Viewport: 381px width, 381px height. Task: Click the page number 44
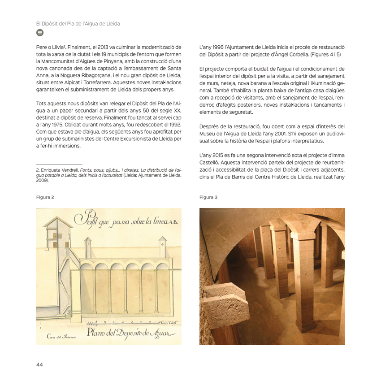click(39, 364)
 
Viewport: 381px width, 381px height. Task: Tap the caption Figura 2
click(45, 197)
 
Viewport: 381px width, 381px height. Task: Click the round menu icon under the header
click(39, 32)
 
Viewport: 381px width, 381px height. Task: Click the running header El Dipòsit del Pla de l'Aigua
click(78, 23)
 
